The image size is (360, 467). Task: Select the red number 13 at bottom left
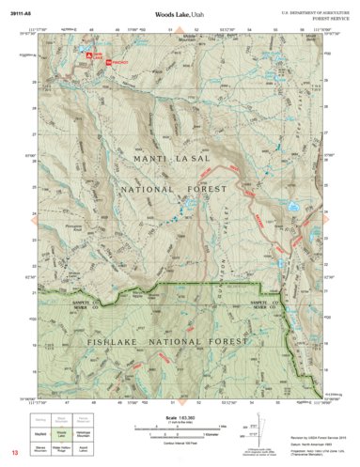[x=14, y=454]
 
